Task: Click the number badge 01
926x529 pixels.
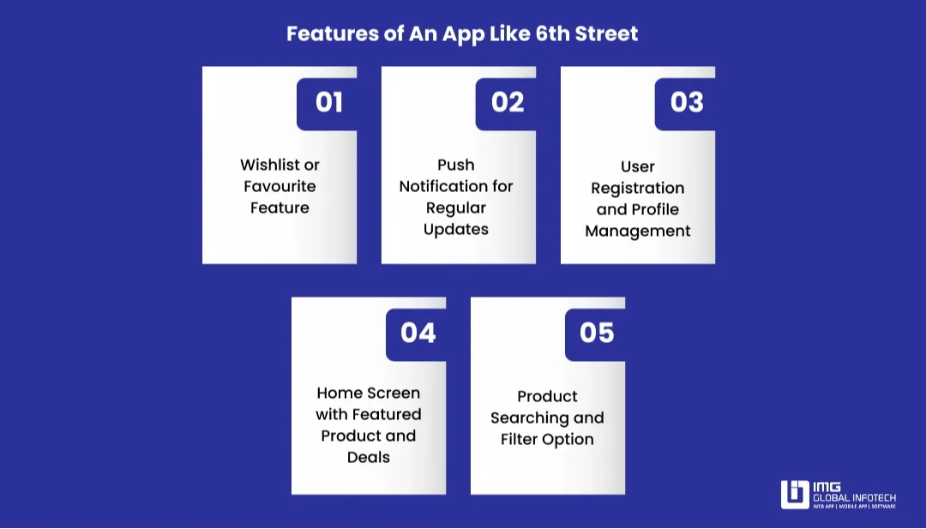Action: tap(328, 103)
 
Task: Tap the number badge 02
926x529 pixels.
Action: tap(508, 103)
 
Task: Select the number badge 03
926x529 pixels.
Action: tap(687, 103)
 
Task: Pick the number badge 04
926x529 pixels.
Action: tap(418, 333)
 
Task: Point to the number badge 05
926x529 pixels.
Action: tap(597, 333)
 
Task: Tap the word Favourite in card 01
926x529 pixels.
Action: tap(280, 186)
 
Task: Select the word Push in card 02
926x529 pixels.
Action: tap(455, 165)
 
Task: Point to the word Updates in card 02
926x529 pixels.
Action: tap(456, 229)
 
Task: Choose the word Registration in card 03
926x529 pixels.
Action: tap(637, 189)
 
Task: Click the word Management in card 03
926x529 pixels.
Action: tap(637, 231)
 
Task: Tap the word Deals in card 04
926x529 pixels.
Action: tap(369, 457)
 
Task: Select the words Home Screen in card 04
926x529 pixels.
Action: tap(369, 393)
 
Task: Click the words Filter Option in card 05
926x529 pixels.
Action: tap(547, 439)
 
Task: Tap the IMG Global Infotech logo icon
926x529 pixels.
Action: tap(795, 495)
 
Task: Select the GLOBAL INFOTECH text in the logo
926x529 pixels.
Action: tap(854, 497)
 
